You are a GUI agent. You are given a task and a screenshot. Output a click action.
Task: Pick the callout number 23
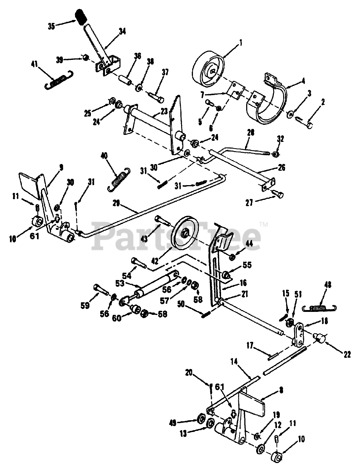pyautogui.click(x=164, y=110)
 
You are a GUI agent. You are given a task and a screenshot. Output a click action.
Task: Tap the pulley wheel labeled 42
pyautogui.click(x=185, y=232)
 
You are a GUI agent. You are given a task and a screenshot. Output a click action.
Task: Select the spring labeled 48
pyautogui.click(x=319, y=307)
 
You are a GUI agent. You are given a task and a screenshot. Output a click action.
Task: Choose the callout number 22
pyautogui.click(x=346, y=355)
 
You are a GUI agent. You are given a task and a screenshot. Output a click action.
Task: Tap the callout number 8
pyautogui.click(x=281, y=390)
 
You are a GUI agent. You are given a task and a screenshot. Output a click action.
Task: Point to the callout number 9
pyautogui.click(x=61, y=167)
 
